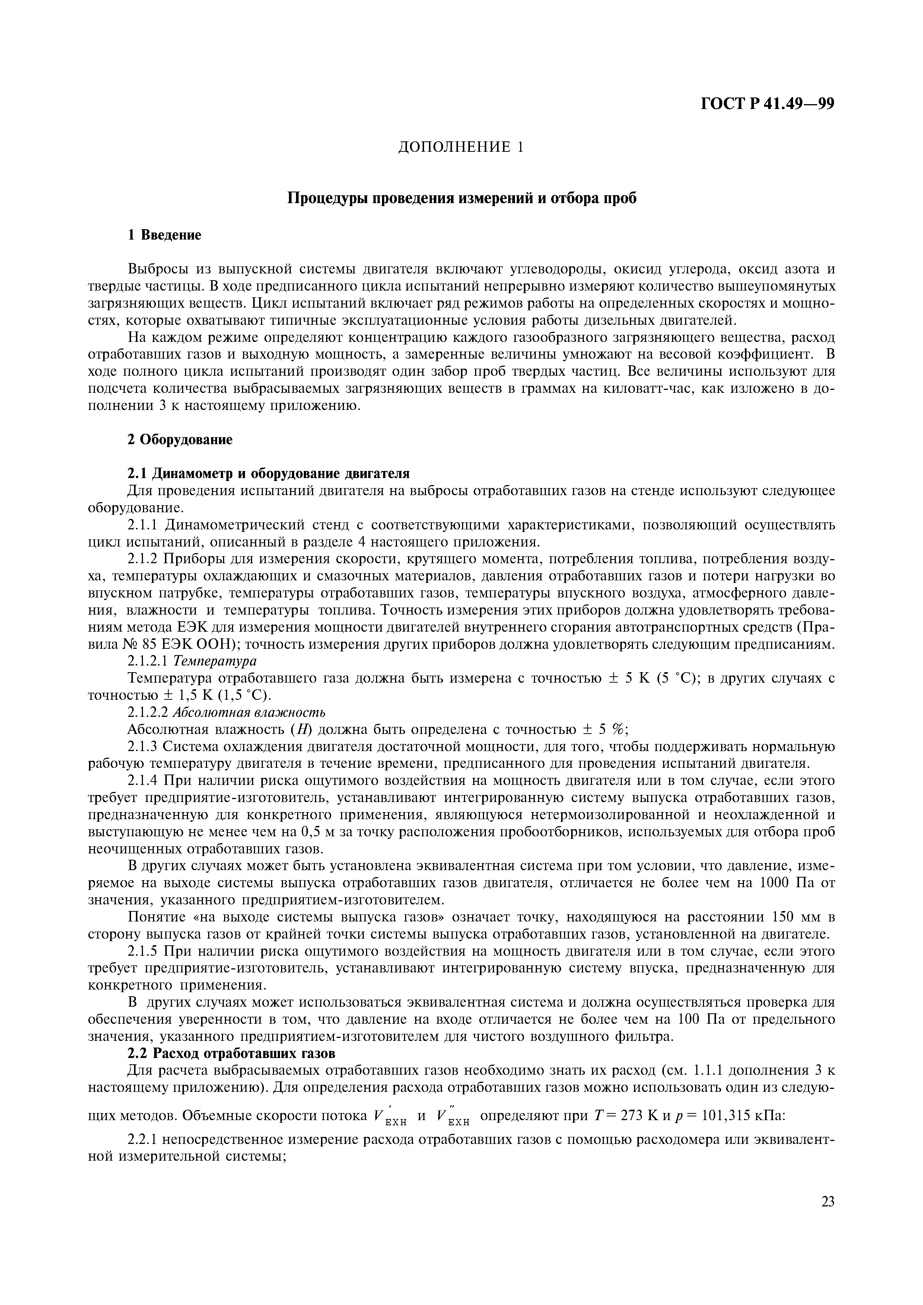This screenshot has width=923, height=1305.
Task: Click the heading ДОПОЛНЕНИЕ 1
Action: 460,147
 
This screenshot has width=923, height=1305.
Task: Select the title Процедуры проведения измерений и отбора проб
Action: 461,198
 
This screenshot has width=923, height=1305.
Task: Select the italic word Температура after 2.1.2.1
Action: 215,661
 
